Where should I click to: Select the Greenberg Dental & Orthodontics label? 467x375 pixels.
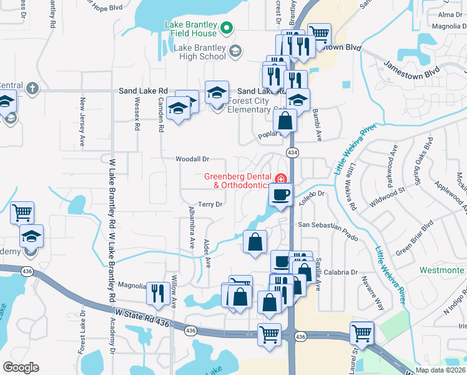(x=237, y=181)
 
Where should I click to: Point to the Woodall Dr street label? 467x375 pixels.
(x=192, y=160)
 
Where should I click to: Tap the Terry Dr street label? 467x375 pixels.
(x=210, y=204)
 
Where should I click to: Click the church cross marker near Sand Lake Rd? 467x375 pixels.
(x=32, y=89)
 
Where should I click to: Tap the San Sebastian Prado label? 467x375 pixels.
(x=328, y=224)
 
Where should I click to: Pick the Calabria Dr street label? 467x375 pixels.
(x=340, y=272)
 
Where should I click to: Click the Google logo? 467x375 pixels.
(x=21, y=367)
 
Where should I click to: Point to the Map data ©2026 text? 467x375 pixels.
(x=441, y=369)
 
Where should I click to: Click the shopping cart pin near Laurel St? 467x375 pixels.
(x=362, y=332)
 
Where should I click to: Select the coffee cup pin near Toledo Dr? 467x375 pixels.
(x=281, y=194)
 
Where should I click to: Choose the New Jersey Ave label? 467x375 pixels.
(x=82, y=122)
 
